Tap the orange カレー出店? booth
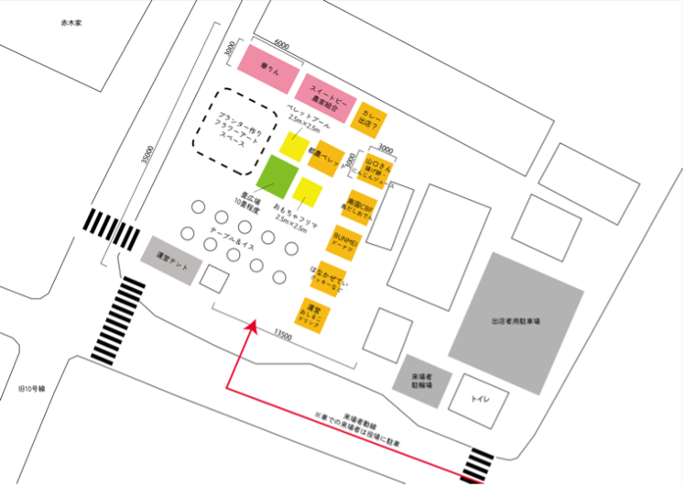373,119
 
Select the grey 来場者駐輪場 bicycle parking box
420,381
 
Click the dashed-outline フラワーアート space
228,132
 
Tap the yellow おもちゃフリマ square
308,191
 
